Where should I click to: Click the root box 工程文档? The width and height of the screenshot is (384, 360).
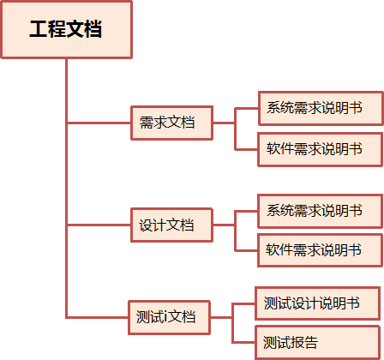67,29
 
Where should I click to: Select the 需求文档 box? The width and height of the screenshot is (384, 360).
172,123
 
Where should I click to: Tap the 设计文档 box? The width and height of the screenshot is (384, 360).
171,225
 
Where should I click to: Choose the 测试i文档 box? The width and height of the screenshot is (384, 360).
169,317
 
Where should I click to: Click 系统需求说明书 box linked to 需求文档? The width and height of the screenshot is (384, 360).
321,109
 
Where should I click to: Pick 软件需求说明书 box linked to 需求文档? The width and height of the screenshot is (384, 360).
321,149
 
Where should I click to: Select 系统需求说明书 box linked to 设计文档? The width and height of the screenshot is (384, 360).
321,212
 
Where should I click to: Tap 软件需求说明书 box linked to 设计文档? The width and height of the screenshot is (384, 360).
321,250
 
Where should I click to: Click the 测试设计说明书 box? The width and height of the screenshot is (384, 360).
317,303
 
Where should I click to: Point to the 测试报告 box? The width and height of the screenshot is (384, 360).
317,343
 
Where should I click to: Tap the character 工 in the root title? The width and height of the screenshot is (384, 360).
39,29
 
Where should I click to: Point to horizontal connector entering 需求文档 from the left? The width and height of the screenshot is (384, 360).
99,123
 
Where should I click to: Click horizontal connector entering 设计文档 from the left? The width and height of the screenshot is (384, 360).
99,225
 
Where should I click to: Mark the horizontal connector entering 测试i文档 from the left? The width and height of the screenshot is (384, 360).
98,317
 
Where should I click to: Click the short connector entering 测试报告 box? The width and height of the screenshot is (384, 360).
244,342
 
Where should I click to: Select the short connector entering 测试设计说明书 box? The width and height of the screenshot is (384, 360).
244,304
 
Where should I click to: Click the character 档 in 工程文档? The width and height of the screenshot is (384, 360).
93,29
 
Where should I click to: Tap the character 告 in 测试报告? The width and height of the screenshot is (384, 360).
311,342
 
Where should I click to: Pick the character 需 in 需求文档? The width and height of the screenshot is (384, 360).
147,123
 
